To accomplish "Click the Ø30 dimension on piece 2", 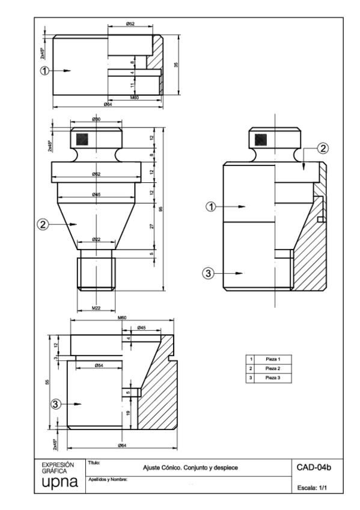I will coord(96,120).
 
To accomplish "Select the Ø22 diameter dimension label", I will coord(96,239).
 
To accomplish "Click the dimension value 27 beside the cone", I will coord(152,226).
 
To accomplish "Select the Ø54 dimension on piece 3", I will coord(99,365).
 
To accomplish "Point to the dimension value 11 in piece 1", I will coord(133,86).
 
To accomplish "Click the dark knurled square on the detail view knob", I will coord(80,139).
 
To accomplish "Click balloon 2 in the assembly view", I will coord(323,148).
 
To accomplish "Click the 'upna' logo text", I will coord(60,482).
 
